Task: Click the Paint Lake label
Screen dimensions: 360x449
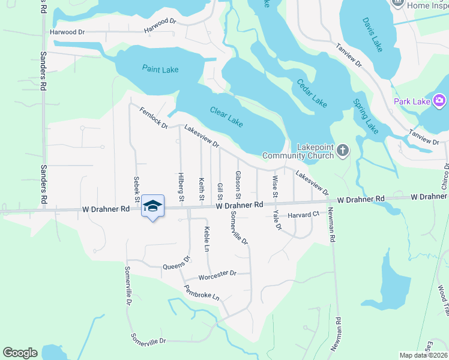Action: [x=160, y=69]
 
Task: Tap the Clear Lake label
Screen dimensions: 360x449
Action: [x=226, y=116]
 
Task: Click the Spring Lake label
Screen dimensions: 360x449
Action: [x=366, y=116]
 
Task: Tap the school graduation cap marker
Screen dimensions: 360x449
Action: [x=153, y=206]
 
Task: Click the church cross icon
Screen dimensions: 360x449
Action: [x=342, y=150]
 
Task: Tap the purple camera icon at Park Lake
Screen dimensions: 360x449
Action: [x=439, y=100]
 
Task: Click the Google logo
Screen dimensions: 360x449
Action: [x=20, y=353]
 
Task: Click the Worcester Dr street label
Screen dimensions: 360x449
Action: [x=218, y=274]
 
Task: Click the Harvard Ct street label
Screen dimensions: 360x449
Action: [x=303, y=215]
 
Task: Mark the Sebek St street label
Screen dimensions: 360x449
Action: [x=137, y=189]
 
